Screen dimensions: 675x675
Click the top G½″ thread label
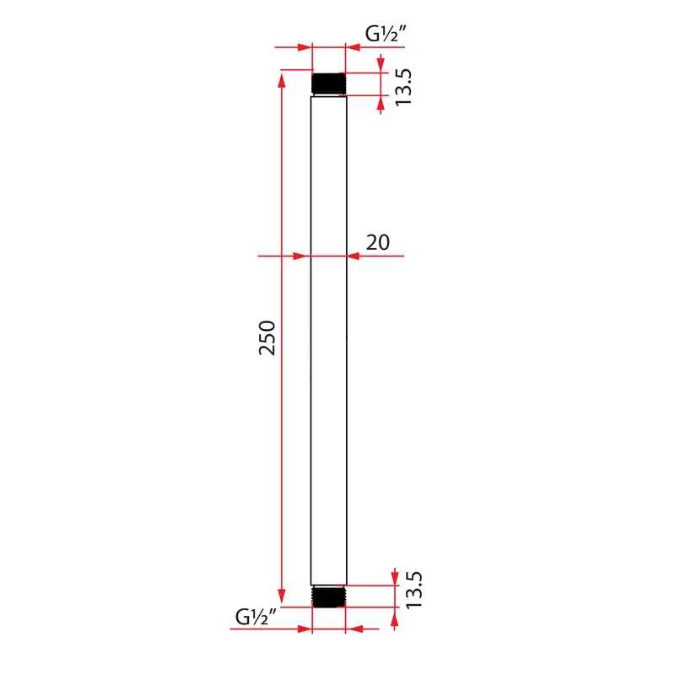386,34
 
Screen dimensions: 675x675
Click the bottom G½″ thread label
256,617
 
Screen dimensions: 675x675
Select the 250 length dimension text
267,337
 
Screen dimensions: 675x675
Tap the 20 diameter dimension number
378,242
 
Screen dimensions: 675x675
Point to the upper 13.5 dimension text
403,87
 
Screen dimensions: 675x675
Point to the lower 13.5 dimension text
414,590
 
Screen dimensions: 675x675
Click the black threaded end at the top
328,84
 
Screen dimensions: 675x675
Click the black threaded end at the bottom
328,597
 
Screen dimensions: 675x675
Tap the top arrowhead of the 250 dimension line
282,80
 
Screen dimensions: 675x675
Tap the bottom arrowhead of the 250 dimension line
282,597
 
